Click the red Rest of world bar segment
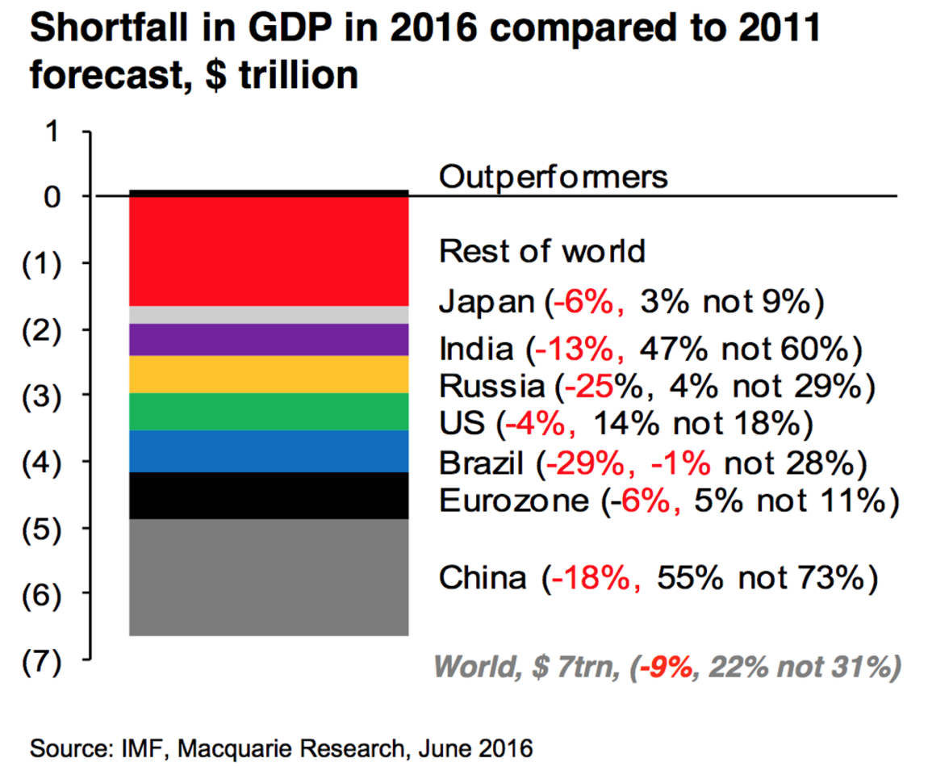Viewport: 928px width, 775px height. click(x=269, y=251)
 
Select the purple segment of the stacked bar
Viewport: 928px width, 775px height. click(x=269, y=340)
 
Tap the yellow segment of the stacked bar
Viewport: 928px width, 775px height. click(x=269, y=375)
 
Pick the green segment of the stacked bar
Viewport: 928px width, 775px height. click(x=269, y=412)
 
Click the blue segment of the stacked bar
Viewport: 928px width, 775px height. click(x=269, y=451)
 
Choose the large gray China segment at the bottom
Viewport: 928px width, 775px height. click(x=269, y=577)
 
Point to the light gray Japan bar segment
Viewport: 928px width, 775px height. click(x=269, y=315)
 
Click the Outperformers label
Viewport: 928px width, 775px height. click(x=554, y=177)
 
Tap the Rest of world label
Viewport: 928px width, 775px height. click(x=542, y=251)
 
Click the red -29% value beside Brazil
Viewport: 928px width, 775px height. click(x=578, y=465)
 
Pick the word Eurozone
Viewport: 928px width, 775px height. click(x=514, y=501)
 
